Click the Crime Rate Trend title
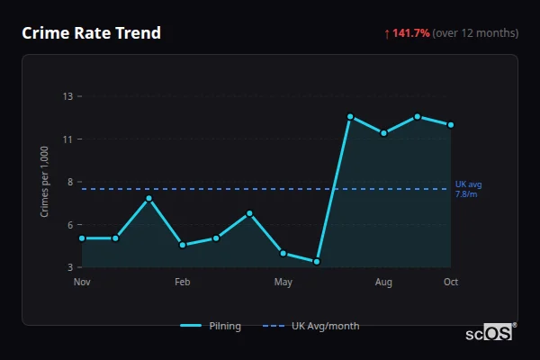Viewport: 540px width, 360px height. (91, 33)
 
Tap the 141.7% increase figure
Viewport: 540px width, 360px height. (410, 33)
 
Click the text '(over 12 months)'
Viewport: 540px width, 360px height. (475, 33)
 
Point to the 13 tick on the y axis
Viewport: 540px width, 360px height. (67, 96)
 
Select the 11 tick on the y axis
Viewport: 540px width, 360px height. (67, 139)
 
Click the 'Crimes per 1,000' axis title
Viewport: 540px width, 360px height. (45, 182)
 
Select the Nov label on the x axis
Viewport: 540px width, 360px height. (82, 283)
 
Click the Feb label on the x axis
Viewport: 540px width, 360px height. (182, 283)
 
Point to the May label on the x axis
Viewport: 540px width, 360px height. (283, 283)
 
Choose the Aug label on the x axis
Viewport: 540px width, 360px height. (383, 283)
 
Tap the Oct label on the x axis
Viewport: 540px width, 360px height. (451, 283)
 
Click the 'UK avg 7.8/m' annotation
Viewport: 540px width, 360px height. (468, 189)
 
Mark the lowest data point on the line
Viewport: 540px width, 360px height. (317, 262)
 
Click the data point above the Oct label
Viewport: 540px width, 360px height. (451, 125)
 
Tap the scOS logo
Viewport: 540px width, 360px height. (490, 333)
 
